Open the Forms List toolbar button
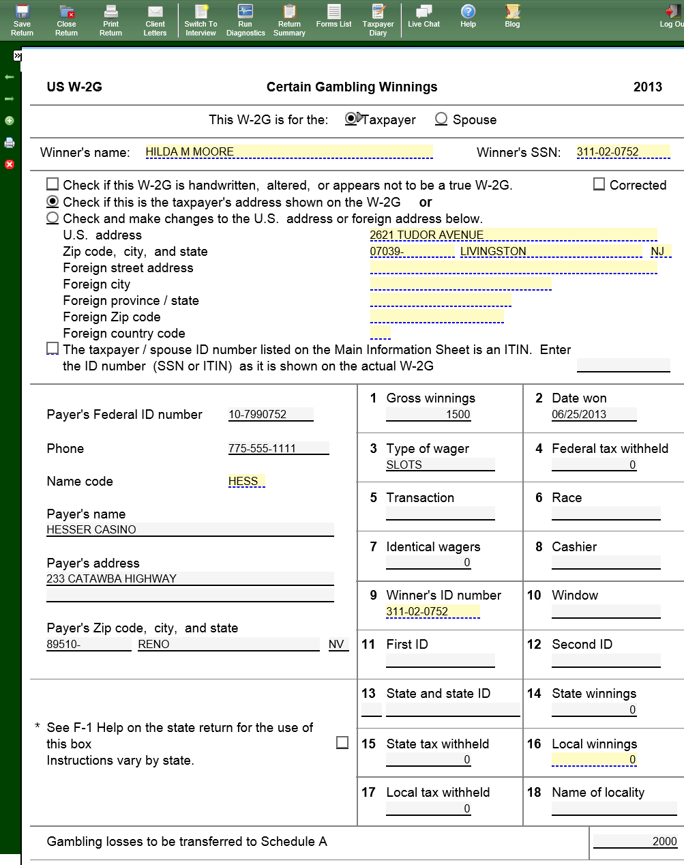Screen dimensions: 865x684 point(333,16)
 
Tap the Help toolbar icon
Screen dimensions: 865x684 point(468,16)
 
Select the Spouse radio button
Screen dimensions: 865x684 point(441,119)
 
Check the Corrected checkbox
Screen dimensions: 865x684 point(599,184)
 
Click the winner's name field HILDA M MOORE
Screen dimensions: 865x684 point(288,151)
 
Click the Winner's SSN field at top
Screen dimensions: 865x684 point(623,151)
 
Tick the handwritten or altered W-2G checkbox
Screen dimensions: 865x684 point(53,184)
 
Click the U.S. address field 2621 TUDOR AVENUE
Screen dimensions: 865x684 point(513,235)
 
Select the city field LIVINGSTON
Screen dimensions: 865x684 point(550,251)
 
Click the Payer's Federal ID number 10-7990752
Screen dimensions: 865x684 point(271,414)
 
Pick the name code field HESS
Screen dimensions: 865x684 point(246,481)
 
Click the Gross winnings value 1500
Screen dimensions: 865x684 point(440,414)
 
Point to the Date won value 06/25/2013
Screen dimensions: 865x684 point(593,414)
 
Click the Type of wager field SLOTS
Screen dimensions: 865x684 point(440,465)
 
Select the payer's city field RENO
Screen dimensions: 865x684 point(228,644)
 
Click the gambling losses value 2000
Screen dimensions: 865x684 point(635,841)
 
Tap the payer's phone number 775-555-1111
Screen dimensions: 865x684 point(278,448)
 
